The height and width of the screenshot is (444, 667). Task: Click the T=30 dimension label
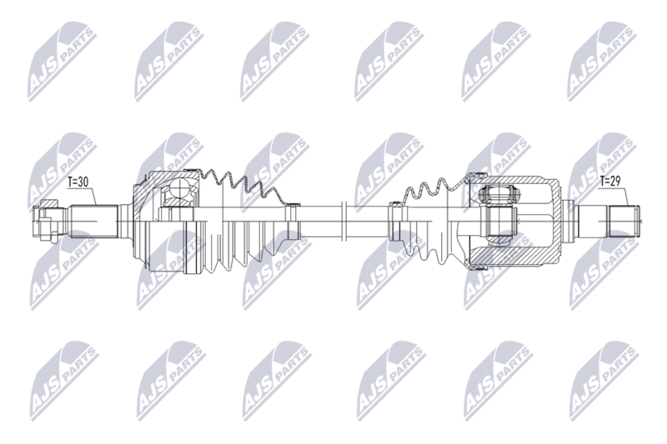[78, 182]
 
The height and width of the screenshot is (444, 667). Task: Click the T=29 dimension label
[610, 182]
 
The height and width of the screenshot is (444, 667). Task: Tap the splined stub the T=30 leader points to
[93, 222]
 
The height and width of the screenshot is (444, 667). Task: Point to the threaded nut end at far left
[45, 221]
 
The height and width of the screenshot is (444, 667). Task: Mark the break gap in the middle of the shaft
[345, 221]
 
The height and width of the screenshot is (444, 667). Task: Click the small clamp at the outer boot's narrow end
[293, 221]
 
